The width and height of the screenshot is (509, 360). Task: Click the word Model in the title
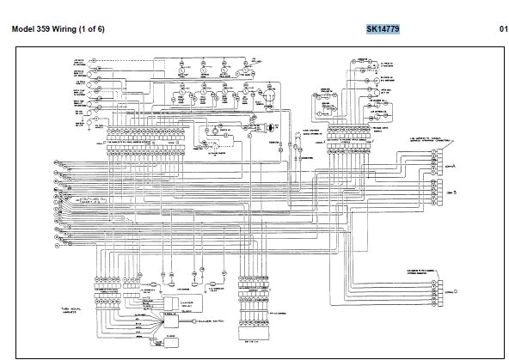(26, 28)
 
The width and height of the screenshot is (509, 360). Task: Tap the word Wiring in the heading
(79, 28)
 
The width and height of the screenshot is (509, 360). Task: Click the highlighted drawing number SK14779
(383, 28)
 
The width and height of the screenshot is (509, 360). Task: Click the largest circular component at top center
(269, 95)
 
